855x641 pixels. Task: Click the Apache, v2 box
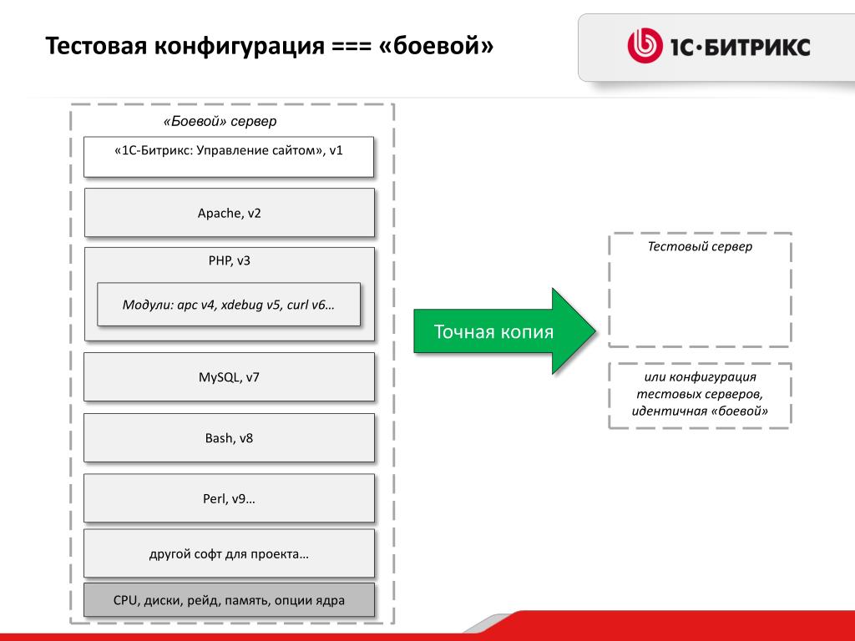pos(229,213)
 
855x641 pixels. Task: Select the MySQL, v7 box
pos(229,377)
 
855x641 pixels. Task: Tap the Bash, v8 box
pos(229,438)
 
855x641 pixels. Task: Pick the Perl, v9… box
pos(229,499)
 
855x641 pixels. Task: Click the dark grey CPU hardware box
pos(229,600)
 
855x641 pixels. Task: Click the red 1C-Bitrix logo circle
pos(644,47)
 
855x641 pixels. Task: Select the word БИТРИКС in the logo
pos(758,48)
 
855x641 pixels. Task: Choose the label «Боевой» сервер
pos(220,122)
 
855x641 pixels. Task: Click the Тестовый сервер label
pos(700,247)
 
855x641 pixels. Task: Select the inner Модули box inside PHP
pos(229,305)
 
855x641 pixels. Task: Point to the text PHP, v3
pos(229,260)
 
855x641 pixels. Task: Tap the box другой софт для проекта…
pos(229,554)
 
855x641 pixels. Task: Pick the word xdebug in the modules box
pos(243,305)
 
